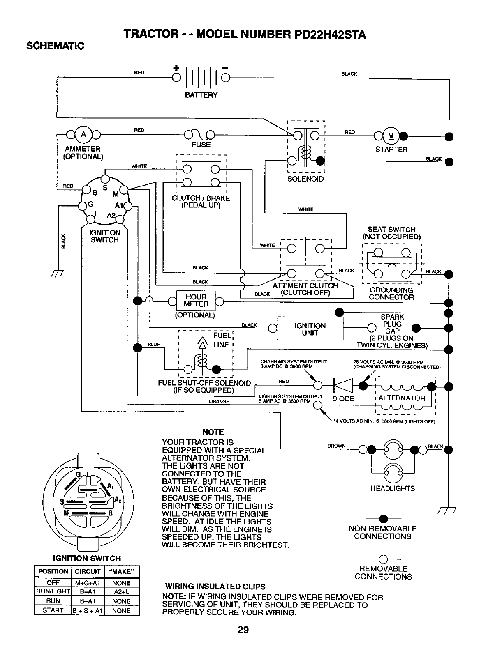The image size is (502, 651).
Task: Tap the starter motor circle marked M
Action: [x=391, y=136]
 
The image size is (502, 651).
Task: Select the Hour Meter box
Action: [x=196, y=301]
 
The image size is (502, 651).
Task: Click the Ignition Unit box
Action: [x=310, y=328]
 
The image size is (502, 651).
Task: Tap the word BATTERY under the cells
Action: [x=201, y=95]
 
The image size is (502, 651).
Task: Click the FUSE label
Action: [x=201, y=145]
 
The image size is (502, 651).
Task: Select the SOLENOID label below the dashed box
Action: [x=305, y=179]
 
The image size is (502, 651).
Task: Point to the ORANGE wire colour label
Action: [x=219, y=401]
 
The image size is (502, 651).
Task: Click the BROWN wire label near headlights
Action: [x=336, y=446]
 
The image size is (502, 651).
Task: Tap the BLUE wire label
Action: [x=153, y=345]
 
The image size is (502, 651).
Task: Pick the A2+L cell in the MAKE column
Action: [x=121, y=591]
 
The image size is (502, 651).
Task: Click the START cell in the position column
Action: [x=53, y=610]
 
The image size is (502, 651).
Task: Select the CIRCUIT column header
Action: [x=88, y=571]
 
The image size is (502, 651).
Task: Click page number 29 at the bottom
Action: [x=243, y=630]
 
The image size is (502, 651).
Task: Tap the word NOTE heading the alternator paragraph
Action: [x=213, y=432]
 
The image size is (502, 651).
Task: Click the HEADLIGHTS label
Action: [x=392, y=488]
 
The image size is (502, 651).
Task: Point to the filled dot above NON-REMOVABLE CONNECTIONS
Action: [x=383, y=519]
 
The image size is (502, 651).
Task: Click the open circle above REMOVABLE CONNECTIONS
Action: [x=383, y=559]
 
